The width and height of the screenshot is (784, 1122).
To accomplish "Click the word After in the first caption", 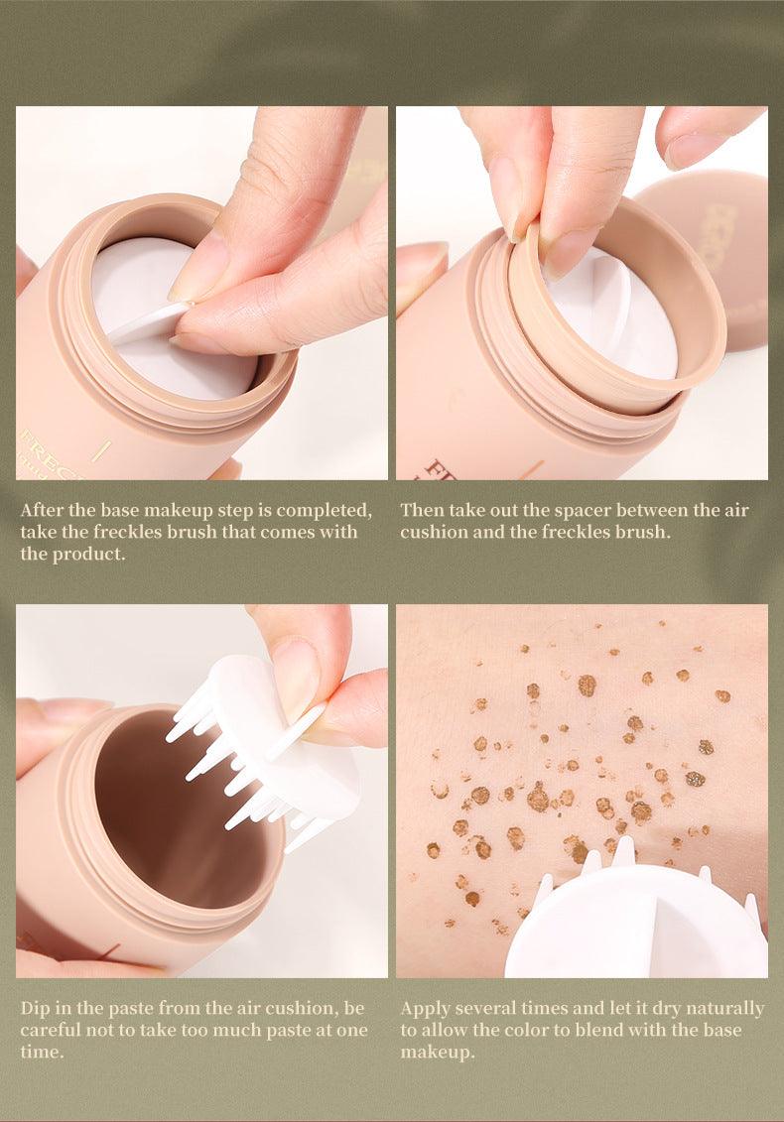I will [42, 511].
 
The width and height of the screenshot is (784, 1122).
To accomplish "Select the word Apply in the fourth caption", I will [426, 1008].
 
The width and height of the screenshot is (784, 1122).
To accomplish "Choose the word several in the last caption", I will [499, 1008].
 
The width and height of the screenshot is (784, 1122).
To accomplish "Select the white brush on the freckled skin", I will [635, 923].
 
